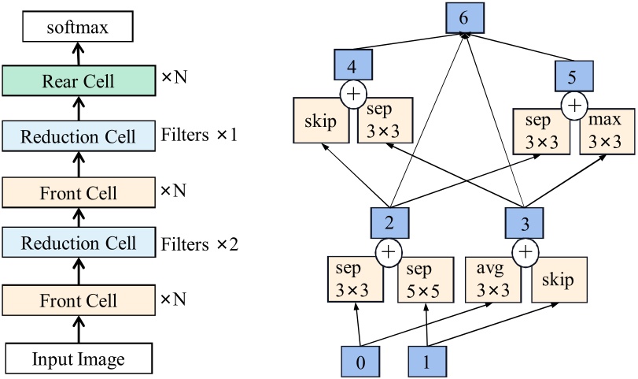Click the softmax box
click(77, 29)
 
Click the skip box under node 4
click(321, 121)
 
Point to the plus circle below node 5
click(575, 104)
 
